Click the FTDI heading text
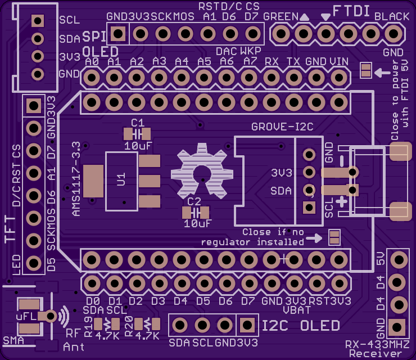351,11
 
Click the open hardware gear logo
202,172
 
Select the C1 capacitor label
138,123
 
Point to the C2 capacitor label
194,201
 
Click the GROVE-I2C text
282,127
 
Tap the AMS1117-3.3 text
76,179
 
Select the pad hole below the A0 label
92,78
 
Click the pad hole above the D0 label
92,283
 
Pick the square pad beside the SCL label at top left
38,20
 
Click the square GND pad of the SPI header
118,34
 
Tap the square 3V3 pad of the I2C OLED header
247,325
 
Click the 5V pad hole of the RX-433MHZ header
399,260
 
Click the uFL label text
26,316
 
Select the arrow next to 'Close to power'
382,71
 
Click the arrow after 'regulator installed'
314,238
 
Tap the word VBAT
297,310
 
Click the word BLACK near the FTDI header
392,16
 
